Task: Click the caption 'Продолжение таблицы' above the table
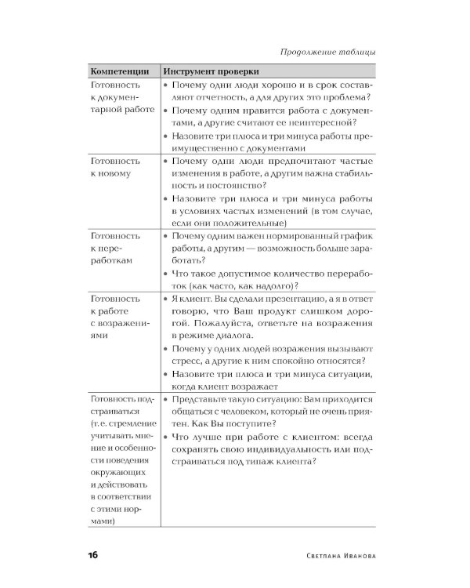[x=327, y=52]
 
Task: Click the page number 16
[x=92, y=555]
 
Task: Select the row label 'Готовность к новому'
[x=116, y=166]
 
